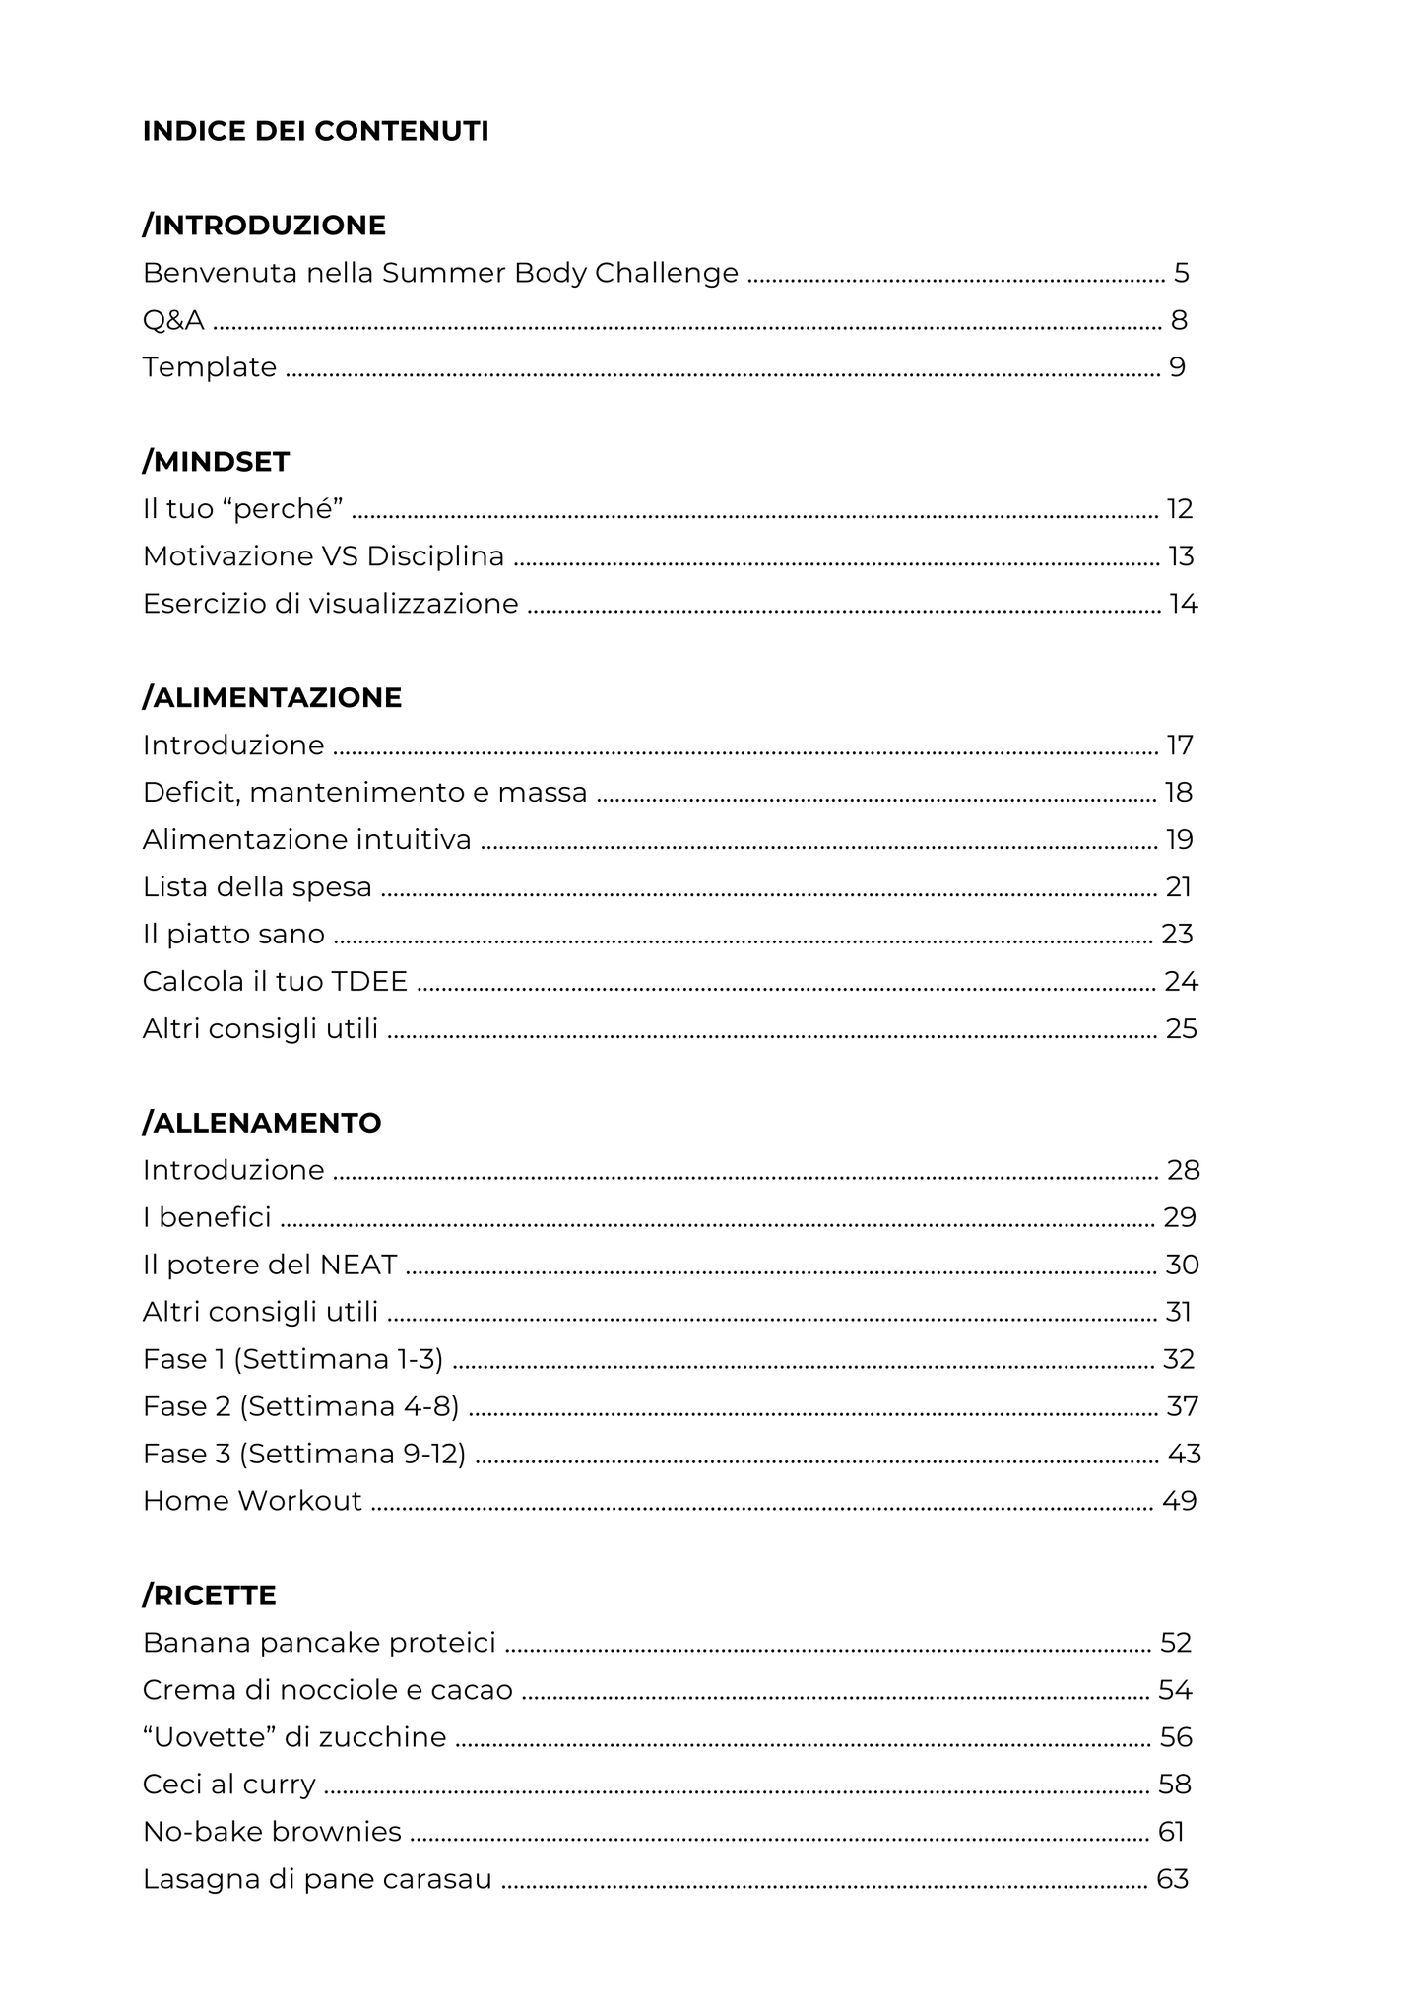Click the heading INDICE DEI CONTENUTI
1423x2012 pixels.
(315, 131)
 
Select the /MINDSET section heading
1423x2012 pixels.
(216, 462)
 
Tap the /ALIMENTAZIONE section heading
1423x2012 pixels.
(272, 698)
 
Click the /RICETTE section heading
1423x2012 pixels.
(209, 1595)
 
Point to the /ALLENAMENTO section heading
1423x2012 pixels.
(262, 1123)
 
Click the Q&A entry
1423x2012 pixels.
(173, 320)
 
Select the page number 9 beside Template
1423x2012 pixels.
(1177, 367)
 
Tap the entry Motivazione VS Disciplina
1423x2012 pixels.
(323, 556)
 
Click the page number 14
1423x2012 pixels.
(1183, 604)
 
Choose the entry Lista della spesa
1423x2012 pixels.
(257, 887)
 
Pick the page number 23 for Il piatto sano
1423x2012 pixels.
(1177, 935)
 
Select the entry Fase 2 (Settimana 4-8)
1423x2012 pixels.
(300, 1406)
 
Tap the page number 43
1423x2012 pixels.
(1184, 1454)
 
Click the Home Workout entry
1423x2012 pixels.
(252, 1501)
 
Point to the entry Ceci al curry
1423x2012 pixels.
(228, 1785)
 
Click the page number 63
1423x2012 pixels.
(1172, 1879)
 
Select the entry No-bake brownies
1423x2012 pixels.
(272, 1832)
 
